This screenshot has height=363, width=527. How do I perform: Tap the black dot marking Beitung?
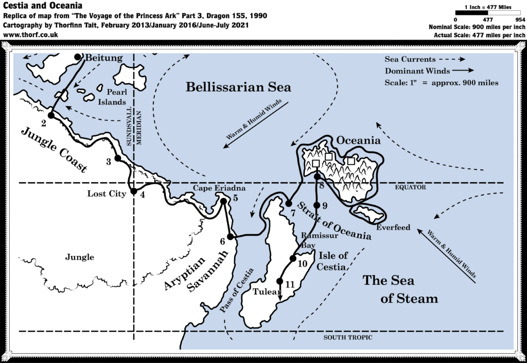tap(78, 57)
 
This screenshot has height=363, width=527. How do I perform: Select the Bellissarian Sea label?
tap(238, 87)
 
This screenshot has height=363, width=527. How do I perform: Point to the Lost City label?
tap(107, 194)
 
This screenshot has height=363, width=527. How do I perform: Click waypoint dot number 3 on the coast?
tap(117, 158)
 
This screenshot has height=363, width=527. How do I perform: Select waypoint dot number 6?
tap(231, 237)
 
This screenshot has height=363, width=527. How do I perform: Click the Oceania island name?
tap(358, 140)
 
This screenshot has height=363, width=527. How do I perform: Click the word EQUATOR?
tap(410, 187)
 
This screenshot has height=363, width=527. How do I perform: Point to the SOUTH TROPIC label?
tap(347, 337)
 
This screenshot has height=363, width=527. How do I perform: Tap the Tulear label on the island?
tap(265, 291)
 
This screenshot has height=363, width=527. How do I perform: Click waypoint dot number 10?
tap(292, 258)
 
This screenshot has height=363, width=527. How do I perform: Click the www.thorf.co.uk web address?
tap(30, 34)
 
